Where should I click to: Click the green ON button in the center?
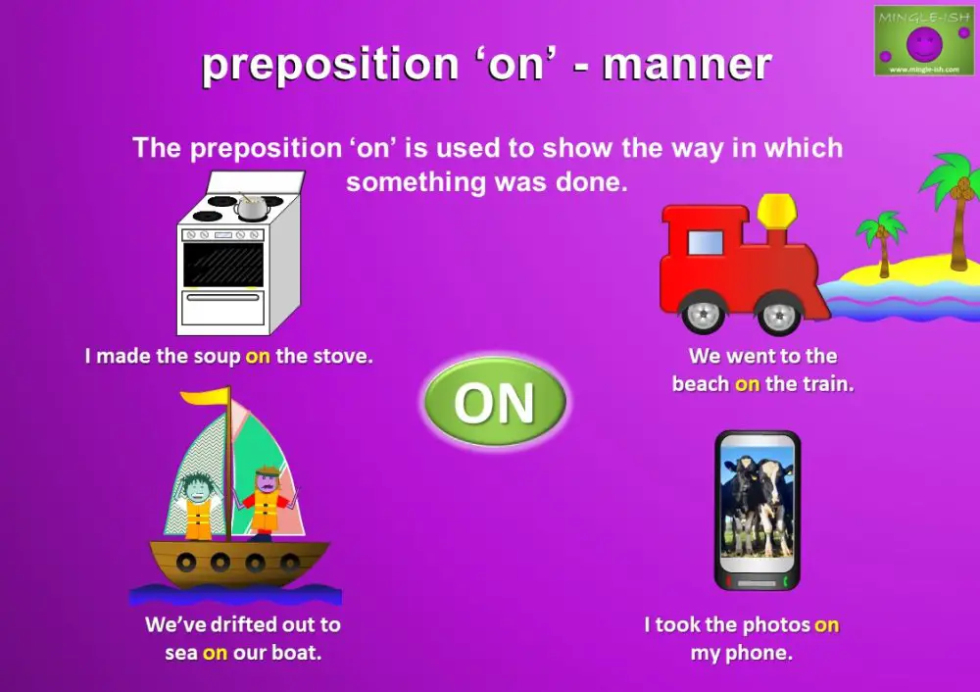coord(494,402)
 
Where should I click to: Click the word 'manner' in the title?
coord(687,65)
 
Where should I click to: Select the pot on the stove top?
coord(253,206)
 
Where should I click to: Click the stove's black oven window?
coord(223,264)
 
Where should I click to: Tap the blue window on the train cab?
coord(706,241)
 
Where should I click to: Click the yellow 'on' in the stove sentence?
coord(258,356)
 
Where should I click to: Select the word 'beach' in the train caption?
coord(701,384)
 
